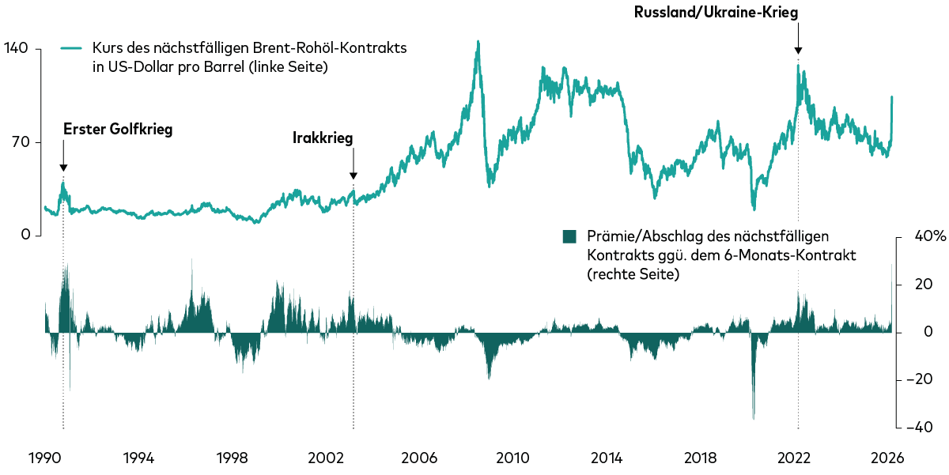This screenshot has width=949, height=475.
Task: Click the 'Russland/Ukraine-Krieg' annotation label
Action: [716, 13]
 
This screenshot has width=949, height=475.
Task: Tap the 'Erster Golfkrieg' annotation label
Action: [117, 129]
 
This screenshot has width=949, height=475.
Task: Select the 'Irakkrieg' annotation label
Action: [323, 138]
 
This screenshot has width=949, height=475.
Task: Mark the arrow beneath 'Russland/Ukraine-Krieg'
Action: [798, 38]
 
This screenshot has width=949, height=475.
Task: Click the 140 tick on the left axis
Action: [16, 48]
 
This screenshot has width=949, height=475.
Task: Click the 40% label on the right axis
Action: [922, 237]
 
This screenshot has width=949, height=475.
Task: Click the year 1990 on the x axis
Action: [44, 458]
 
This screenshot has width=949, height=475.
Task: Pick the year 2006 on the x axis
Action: [419, 458]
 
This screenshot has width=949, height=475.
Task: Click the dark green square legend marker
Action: [569, 236]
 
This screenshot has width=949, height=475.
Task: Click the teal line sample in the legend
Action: [72, 48]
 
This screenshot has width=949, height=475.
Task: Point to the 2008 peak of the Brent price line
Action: [478, 42]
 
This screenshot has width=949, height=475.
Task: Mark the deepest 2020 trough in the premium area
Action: [754, 418]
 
